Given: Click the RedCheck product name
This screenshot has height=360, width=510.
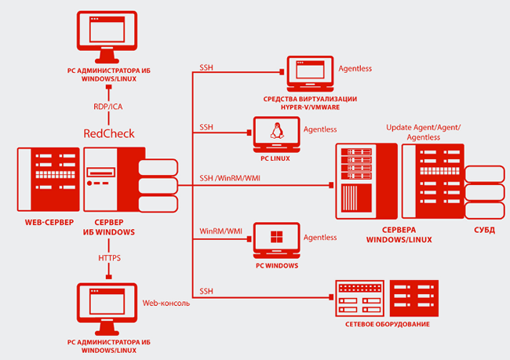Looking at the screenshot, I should click(x=108, y=133).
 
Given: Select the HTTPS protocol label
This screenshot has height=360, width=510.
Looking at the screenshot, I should click(x=109, y=257).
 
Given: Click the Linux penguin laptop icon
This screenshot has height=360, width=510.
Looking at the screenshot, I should click(x=276, y=134).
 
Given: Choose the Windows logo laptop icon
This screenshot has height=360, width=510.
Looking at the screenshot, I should click(x=276, y=241).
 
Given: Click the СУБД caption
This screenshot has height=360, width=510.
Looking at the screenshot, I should click(x=483, y=231).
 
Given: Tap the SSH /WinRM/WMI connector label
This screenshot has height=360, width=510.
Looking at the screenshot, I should click(x=231, y=176).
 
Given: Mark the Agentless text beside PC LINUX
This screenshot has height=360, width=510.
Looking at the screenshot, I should click(x=320, y=129).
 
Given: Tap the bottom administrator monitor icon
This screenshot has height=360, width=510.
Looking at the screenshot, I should click(x=108, y=308).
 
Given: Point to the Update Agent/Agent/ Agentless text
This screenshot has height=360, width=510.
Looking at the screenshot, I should click(x=423, y=132).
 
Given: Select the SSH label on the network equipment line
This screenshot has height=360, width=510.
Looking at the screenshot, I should click(x=206, y=291).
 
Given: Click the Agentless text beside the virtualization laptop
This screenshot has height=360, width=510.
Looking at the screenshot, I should click(x=355, y=68).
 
